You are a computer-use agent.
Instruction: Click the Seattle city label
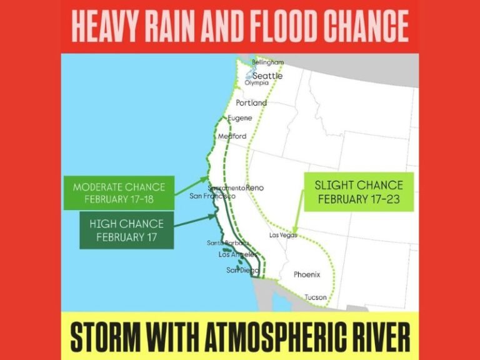pyautogui.click(x=267, y=76)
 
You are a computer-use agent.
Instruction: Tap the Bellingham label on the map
pyautogui.click(x=267, y=62)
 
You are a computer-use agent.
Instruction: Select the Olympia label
pyautogui.click(x=257, y=82)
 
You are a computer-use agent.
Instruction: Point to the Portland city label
pyautogui.click(x=251, y=102)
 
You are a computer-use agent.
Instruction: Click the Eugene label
pyautogui.click(x=240, y=118)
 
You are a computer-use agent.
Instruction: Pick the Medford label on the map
pyautogui.click(x=232, y=136)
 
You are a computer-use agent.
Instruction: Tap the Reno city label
pyautogui.click(x=255, y=187)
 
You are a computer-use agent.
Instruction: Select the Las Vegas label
pyautogui.click(x=283, y=235)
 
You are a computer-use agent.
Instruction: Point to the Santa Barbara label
pyautogui.click(x=228, y=243)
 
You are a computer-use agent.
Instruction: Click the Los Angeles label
pyautogui.click(x=237, y=254)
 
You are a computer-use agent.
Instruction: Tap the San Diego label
pyautogui.click(x=241, y=270)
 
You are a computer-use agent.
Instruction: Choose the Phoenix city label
pyautogui.click(x=307, y=274)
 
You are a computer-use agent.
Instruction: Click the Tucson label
pyautogui.click(x=315, y=297)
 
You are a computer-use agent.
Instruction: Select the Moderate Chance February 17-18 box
pyautogui.click(x=119, y=192)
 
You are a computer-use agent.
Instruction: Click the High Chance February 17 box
pyautogui.click(x=126, y=230)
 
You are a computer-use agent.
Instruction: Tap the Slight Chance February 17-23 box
pyautogui.click(x=358, y=192)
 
